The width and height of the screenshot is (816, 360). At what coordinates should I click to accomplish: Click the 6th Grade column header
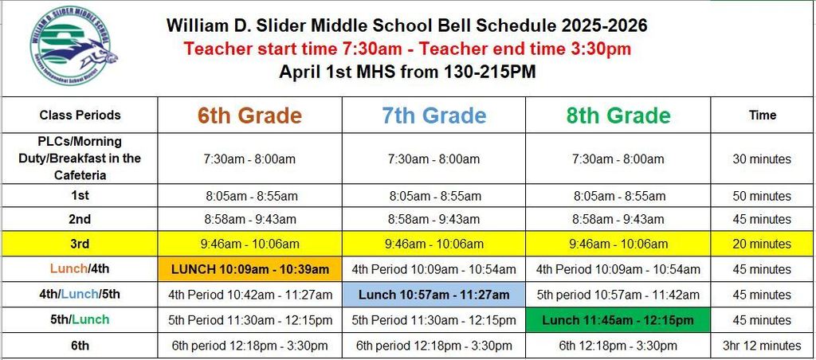pos(250,115)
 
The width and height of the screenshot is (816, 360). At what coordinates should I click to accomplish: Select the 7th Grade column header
pos(433,115)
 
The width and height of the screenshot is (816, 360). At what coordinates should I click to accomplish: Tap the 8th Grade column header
pos(618,115)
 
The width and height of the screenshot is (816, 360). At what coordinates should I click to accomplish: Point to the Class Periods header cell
pos(80,115)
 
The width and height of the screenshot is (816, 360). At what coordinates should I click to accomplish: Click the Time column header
pos(762,115)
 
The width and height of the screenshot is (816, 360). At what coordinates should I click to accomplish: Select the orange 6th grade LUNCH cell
pos(250,269)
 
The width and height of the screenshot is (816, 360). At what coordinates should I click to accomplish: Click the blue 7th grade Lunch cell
pos(433,295)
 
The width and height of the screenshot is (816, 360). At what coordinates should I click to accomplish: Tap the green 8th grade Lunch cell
pos(618,320)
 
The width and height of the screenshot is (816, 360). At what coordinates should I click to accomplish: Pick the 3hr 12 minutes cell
pos(762,346)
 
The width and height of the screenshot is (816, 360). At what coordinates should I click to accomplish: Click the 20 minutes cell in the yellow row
pos(762,244)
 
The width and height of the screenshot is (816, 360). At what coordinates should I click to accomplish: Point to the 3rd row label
pos(80,244)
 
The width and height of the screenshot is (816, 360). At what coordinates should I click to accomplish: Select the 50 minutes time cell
pos(762,196)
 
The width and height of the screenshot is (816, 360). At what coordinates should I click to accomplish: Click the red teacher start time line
pos(407,49)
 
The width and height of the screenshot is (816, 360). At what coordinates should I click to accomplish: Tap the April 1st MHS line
pos(407,72)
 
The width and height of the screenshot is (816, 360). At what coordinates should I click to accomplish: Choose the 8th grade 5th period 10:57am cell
pos(618,295)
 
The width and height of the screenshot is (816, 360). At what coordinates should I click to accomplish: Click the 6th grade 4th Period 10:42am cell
pos(250,295)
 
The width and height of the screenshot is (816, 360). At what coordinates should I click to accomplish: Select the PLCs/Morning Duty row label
pos(80,158)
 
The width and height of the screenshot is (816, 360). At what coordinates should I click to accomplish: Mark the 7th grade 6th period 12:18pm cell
pos(433,346)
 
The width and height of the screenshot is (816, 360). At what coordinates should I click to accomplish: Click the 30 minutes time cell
pos(762,159)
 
